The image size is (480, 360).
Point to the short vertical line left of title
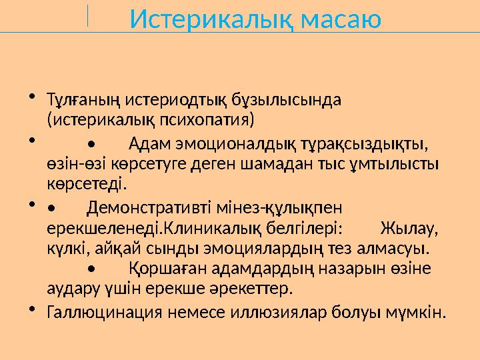[88, 16]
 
